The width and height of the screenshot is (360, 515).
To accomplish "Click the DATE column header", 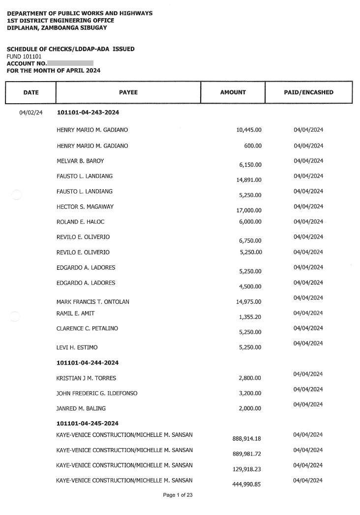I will [x=30, y=92].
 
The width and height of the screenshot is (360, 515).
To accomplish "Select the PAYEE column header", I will [x=128, y=92].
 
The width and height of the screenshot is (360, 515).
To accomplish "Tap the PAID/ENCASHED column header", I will [x=308, y=92].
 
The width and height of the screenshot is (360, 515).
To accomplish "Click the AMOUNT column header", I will [x=233, y=92].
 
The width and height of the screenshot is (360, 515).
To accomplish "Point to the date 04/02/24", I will [x=30, y=113].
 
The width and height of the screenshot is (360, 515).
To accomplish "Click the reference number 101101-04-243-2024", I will [x=88, y=113].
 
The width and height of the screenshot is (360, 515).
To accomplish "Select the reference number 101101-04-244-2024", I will [x=88, y=363].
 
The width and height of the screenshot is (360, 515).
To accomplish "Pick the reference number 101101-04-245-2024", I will [x=88, y=423].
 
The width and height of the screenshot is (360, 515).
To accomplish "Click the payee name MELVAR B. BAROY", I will [x=80, y=161].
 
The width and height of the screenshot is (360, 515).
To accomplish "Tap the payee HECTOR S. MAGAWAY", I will [x=85, y=207].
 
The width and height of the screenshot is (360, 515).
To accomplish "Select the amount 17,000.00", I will [x=249, y=210].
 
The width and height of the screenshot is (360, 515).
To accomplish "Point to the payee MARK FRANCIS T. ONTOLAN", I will [x=93, y=302].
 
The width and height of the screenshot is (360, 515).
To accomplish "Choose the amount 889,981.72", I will [x=247, y=454].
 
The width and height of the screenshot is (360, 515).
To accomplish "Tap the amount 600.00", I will [x=253, y=146].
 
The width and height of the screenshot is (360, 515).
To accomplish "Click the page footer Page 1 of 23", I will [x=178, y=495].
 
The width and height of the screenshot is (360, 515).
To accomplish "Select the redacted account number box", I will [x=70, y=63].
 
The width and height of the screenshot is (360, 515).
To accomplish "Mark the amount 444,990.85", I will [x=247, y=485].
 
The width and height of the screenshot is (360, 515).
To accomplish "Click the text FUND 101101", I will [x=25, y=57].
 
